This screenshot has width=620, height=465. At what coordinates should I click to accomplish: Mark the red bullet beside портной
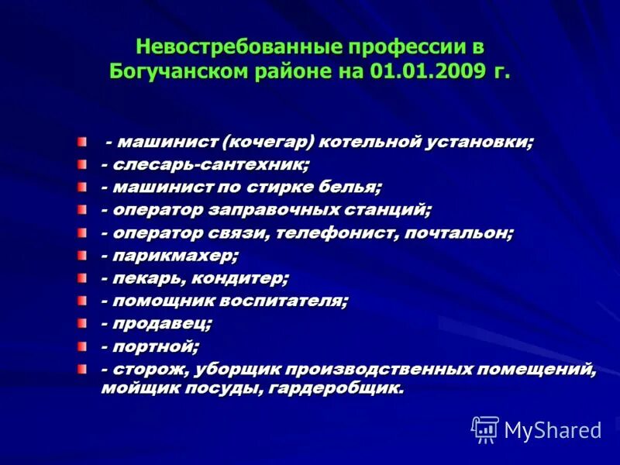[82, 343]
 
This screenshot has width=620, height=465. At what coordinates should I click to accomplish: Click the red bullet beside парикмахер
[82, 253]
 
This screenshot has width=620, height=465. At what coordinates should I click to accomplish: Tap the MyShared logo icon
[485, 429]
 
